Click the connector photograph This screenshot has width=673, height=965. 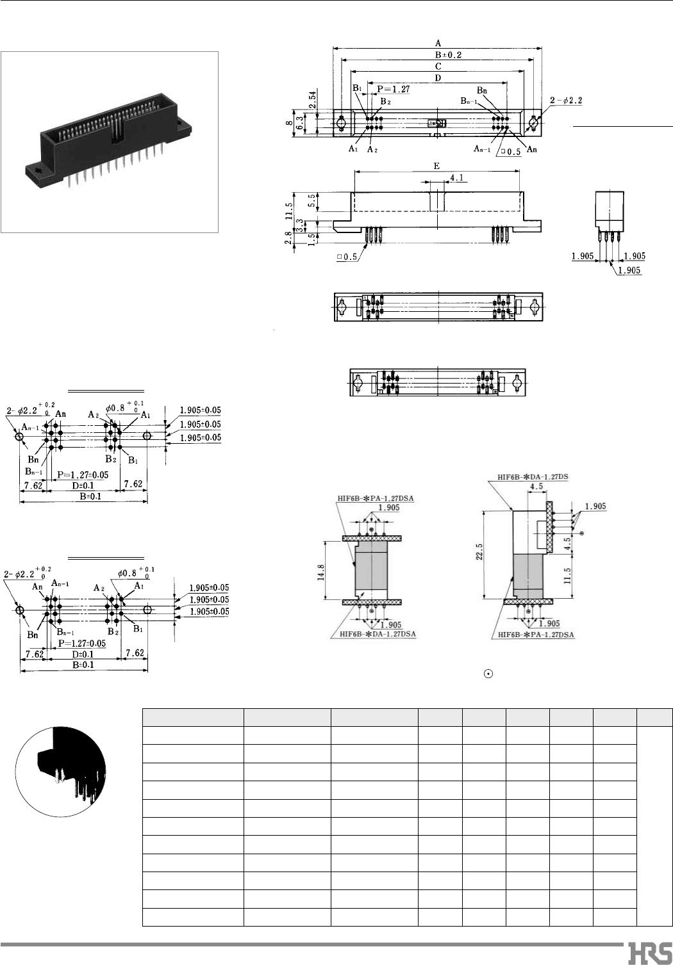point(110,142)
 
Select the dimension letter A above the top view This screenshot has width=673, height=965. point(437,42)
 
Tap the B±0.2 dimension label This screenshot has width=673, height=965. point(438,54)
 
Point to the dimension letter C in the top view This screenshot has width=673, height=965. point(437,66)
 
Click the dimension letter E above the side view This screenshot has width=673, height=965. point(436,165)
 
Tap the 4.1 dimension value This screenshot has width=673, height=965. point(458,177)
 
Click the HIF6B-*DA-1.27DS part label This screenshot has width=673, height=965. point(534,477)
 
